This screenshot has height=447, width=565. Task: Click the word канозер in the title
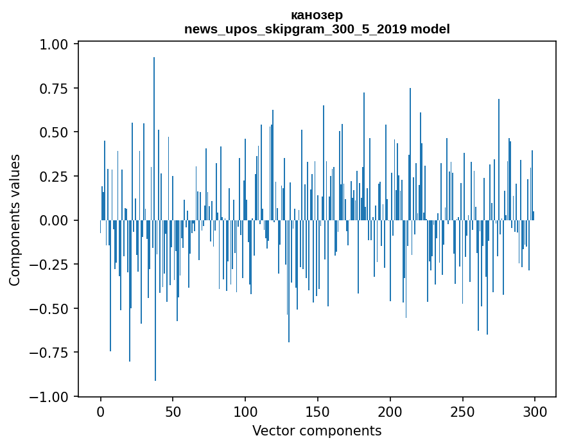(x=317, y=15)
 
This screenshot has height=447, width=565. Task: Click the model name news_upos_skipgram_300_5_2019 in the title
(x=296, y=29)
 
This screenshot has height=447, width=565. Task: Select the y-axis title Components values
(x=15, y=220)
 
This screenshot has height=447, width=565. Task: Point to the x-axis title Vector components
(x=317, y=430)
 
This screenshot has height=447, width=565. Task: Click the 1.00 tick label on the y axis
(x=54, y=44)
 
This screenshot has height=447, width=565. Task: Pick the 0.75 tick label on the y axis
(x=54, y=89)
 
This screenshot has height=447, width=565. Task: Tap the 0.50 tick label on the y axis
(x=54, y=132)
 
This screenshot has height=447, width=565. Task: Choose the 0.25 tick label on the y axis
(x=54, y=177)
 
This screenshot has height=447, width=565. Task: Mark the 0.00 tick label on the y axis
(x=54, y=220)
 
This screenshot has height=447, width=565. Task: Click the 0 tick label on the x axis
(x=101, y=412)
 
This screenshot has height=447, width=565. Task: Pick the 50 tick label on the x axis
(x=173, y=412)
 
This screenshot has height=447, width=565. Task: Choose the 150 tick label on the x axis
(x=317, y=412)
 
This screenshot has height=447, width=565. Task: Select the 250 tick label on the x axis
(x=462, y=412)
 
